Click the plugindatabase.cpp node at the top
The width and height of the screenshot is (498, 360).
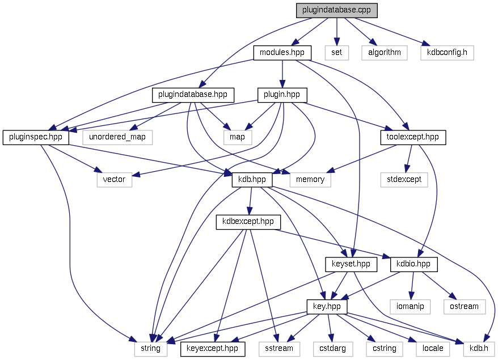336,10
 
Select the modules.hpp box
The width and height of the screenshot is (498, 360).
282,53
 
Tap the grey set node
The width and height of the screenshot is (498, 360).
337,53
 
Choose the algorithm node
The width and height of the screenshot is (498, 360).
384,53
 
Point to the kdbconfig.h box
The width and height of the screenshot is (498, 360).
446,53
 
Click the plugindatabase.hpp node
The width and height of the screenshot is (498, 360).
193,95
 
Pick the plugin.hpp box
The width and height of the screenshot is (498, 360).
282,95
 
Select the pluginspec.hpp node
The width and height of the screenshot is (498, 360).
36,137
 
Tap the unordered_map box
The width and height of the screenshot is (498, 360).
117,137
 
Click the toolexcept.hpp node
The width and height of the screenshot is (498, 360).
412,137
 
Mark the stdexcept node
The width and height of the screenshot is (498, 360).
404,179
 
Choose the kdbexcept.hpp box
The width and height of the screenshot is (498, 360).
248,222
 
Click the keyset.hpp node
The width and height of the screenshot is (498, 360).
351,264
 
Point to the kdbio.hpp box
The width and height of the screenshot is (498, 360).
414,264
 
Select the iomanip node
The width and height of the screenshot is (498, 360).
410,306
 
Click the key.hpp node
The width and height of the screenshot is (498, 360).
327,306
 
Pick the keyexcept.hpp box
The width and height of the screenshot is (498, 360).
213,348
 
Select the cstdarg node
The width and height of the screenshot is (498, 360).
332,348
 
